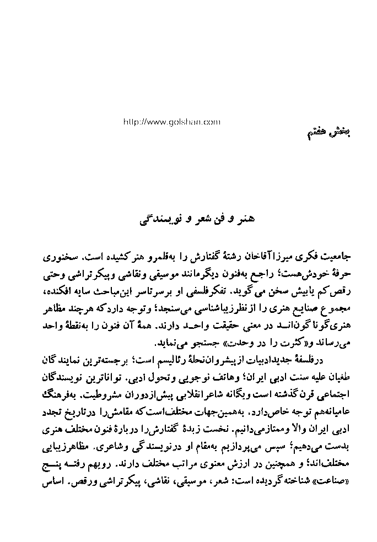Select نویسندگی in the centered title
pyautogui.click(x=164, y=219)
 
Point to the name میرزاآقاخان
pyautogui.click(x=240, y=258)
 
